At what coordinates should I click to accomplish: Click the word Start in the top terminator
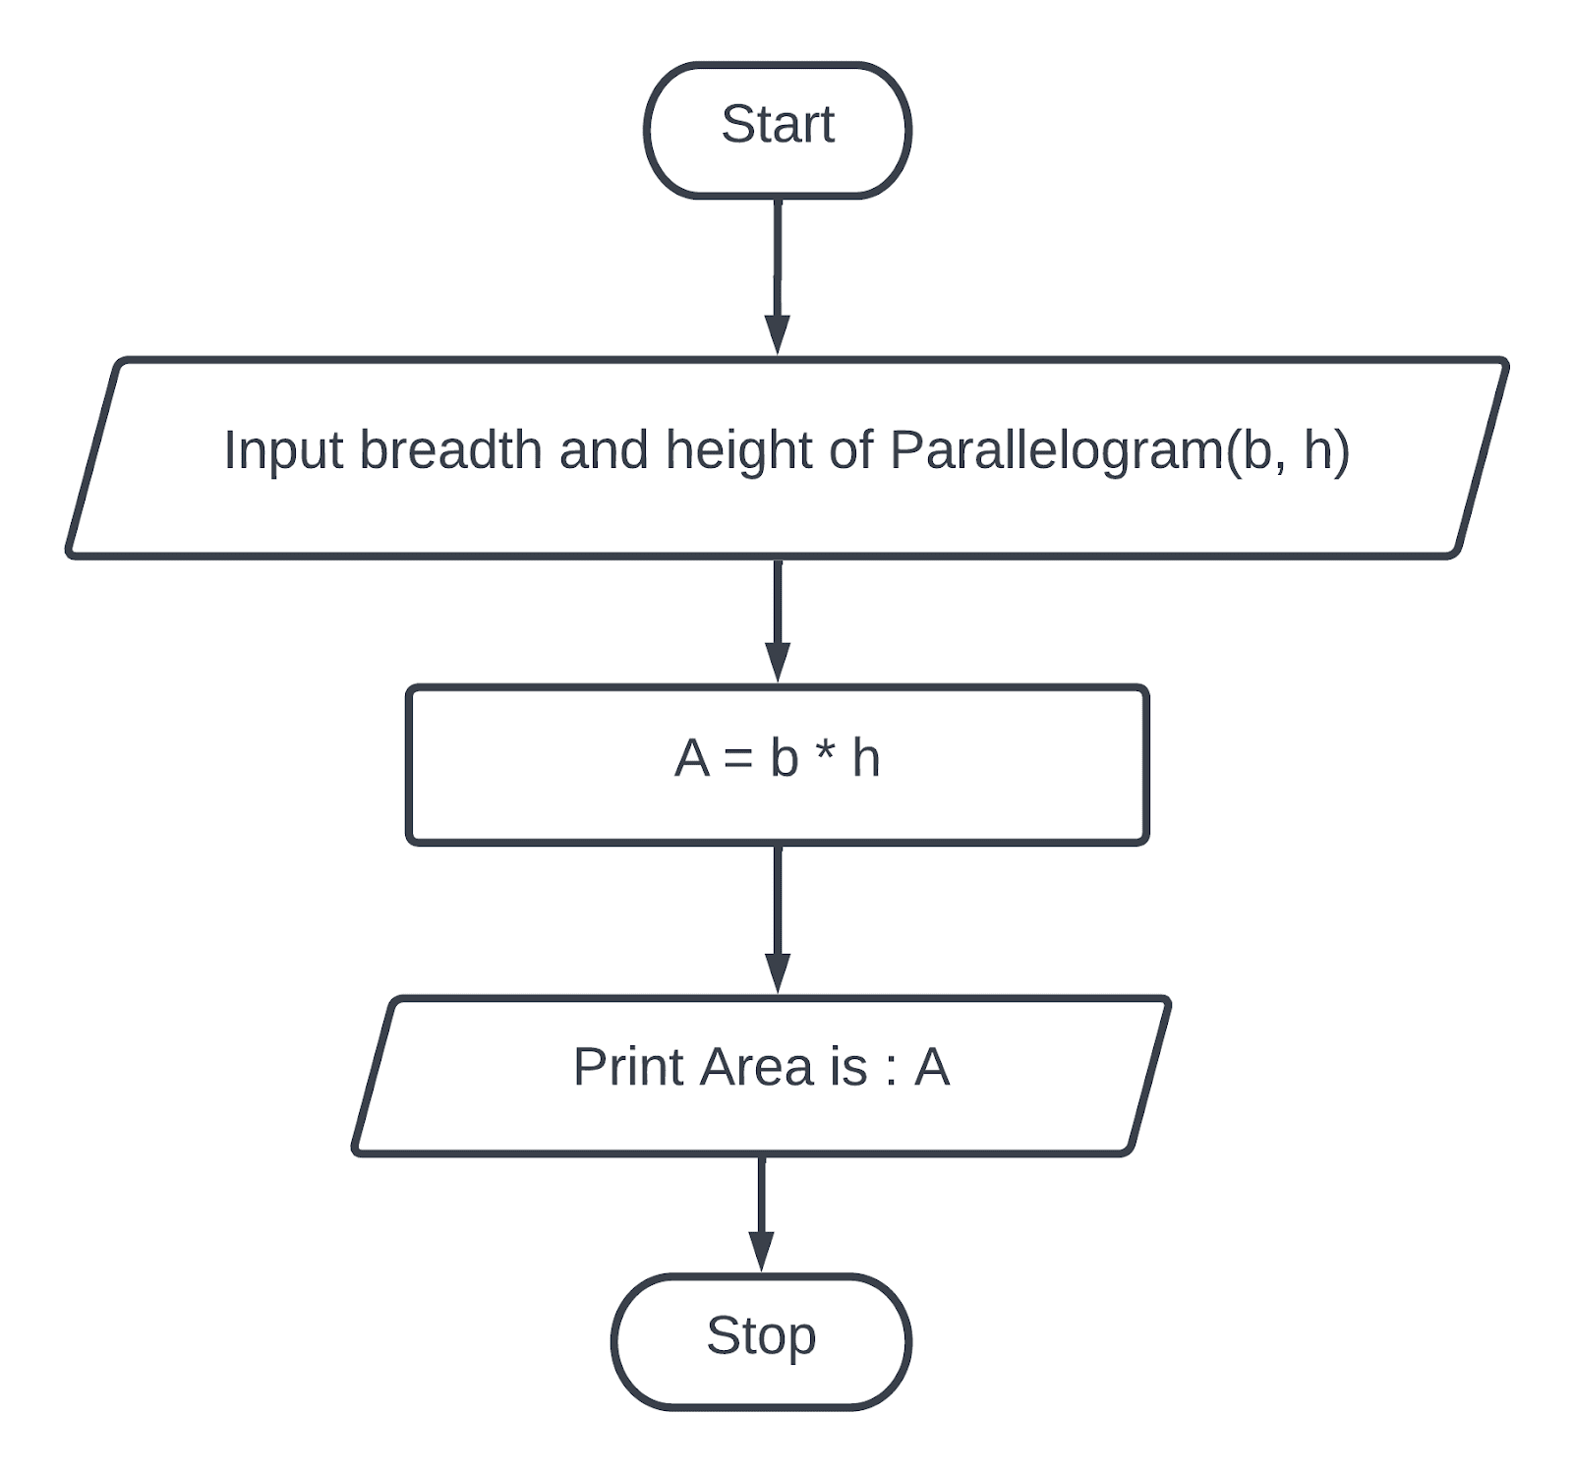tap(777, 125)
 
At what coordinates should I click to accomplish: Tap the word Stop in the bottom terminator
tap(760, 1335)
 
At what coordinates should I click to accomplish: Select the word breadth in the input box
tap(450, 450)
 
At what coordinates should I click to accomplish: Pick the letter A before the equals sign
tap(691, 759)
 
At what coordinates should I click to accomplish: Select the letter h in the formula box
tap(865, 759)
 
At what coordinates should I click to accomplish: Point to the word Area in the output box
tap(755, 1067)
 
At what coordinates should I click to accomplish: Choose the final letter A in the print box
tap(932, 1067)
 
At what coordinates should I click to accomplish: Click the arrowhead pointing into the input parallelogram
tap(777, 334)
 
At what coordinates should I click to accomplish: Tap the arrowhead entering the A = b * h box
tap(777, 662)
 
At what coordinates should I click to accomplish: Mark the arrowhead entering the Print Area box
tap(777, 973)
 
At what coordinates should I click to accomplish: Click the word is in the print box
tap(847, 1067)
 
